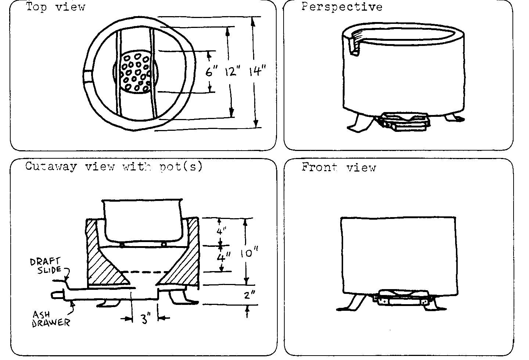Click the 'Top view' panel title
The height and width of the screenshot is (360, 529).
coord(55,7)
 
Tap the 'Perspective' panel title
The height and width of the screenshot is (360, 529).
coord(342,7)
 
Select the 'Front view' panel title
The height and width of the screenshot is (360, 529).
coord(339,168)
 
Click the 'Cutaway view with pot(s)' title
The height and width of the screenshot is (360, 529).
coord(114,166)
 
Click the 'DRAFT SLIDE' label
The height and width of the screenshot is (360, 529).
coord(46,266)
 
